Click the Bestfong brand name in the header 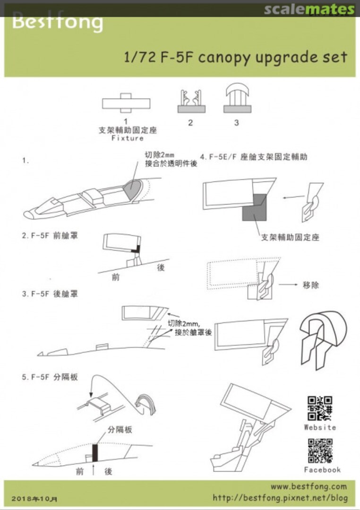[57, 22]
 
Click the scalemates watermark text [309, 9]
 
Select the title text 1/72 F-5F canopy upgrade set [235, 57]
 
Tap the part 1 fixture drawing [126, 103]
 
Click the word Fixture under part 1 [127, 138]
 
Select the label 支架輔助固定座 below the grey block [290, 237]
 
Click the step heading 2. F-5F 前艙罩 [50, 235]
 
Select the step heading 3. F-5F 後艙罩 [50, 294]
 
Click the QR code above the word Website [320, 408]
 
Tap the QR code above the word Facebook [320, 450]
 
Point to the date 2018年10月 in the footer [36, 499]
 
